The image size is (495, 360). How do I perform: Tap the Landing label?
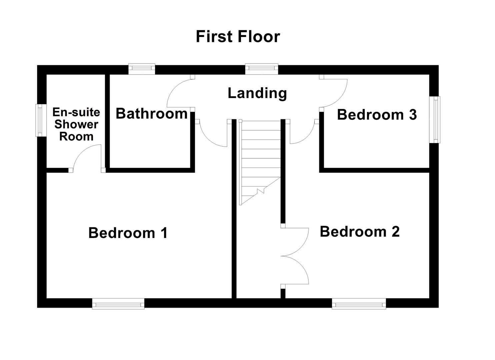coord(257,93)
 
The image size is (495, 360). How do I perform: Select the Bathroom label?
coord(152,114)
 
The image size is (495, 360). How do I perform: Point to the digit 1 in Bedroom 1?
coord(164,233)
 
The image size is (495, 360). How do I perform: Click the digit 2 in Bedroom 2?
coord(395,231)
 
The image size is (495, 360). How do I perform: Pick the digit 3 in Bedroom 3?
coord(413,115)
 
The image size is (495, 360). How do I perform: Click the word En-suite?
coord(76,112)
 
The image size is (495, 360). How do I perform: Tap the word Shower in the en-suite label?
coord(76,124)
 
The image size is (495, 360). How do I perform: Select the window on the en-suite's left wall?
coord(41,120)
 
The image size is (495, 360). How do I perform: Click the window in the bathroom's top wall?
coord(142,69)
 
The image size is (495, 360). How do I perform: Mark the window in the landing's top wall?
coord(261,69)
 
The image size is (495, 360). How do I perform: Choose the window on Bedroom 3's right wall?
coord(434,119)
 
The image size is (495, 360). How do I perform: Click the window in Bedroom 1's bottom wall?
coord(118,304)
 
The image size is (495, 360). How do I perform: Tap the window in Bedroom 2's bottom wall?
coord(359,304)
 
